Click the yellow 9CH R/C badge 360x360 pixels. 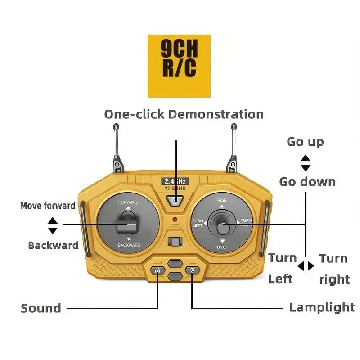tap(179, 66)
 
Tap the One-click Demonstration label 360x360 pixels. tap(184, 114)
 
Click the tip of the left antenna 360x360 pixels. tap(116, 126)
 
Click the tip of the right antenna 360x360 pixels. tap(234, 126)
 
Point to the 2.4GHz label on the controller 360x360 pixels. tap(175, 181)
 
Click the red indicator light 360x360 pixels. tap(175, 219)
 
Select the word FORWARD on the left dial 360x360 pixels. tap(128, 202)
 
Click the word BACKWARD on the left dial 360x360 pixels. tap(129, 245)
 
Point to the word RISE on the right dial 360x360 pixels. tap(222, 200)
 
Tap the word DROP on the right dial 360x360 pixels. tap(222, 247)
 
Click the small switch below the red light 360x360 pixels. tap(175, 242)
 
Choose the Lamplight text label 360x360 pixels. tap(322, 308)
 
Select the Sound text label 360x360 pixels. tap(41, 308)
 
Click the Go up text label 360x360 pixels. tap(306, 142)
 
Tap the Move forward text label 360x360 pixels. tap(48, 206)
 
